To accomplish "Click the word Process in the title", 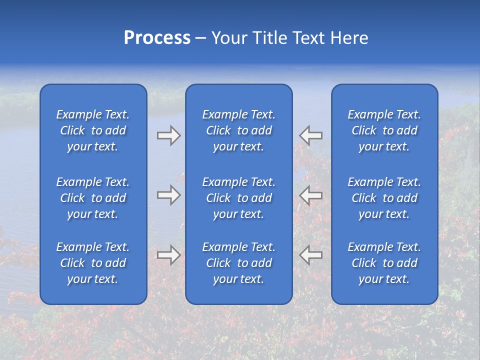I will pyautogui.click(x=157, y=38).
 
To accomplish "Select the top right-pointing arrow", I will pyautogui.click(x=168, y=135).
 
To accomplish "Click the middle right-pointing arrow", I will pyautogui.click(x=168, y=195).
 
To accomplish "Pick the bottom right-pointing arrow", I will pyautogui.click(x=168, y=255).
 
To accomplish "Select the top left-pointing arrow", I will pyautogui.click(x=311, y=135).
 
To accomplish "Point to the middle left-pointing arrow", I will pyautogui.click(x=311, y=195).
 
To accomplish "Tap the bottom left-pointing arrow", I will pyautogui.click(x=311, y=255).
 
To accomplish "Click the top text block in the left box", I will pyautogui.click(x=93, y=130).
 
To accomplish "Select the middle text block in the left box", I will pyautogui.click(x=93, y=198).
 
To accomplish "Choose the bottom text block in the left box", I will pyautogui.click(x=93, y=263).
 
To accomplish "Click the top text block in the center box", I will pyautogui.click(x=239, y=130).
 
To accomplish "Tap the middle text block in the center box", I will pyautogui.click(x=239, y=198).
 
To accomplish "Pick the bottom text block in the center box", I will pyautogui.click(x=239, y=263).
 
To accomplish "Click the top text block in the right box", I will pyautogui.click(x=384, y=130).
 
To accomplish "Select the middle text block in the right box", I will pyautogui.click(x=384, y=198).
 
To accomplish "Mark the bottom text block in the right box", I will pyautogui.click(x=384, y=263).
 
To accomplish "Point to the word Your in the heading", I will pyautogui.click(x=229, y=38).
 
